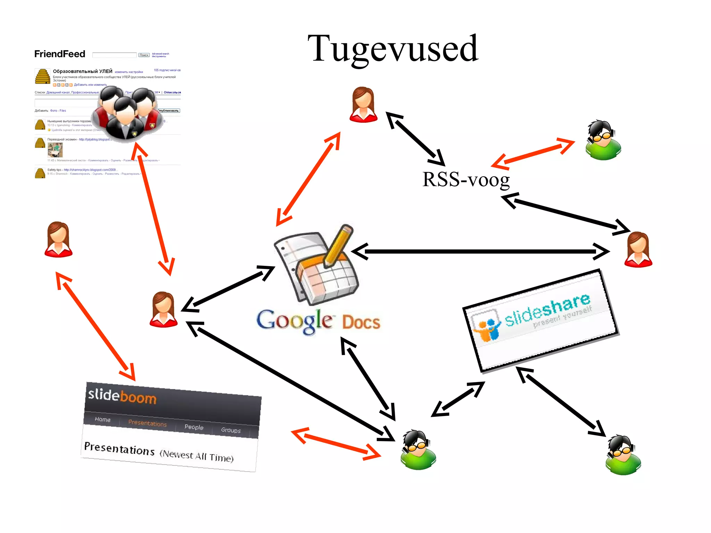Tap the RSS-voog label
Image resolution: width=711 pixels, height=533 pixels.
coord(466,180)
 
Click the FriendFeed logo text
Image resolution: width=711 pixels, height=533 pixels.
coord(60,54)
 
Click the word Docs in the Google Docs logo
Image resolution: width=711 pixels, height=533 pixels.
coord(361,322)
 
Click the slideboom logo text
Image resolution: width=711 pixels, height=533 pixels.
coord(122,396)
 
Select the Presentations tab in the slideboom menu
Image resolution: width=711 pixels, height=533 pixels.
coord(147,423)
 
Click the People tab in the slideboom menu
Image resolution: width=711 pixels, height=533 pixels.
coord(194,427)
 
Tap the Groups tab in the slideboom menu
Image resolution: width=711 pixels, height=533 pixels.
coord(231,430)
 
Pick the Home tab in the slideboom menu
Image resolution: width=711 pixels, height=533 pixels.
coord(102,420)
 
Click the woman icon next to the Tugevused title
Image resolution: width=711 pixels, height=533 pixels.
coord(363,104)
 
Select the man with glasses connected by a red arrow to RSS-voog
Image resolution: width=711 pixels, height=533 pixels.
coord(603,140)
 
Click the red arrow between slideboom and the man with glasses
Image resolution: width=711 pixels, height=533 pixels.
coord(336,444)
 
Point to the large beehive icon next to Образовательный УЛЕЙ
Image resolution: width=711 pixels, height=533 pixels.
coord(42,76)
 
